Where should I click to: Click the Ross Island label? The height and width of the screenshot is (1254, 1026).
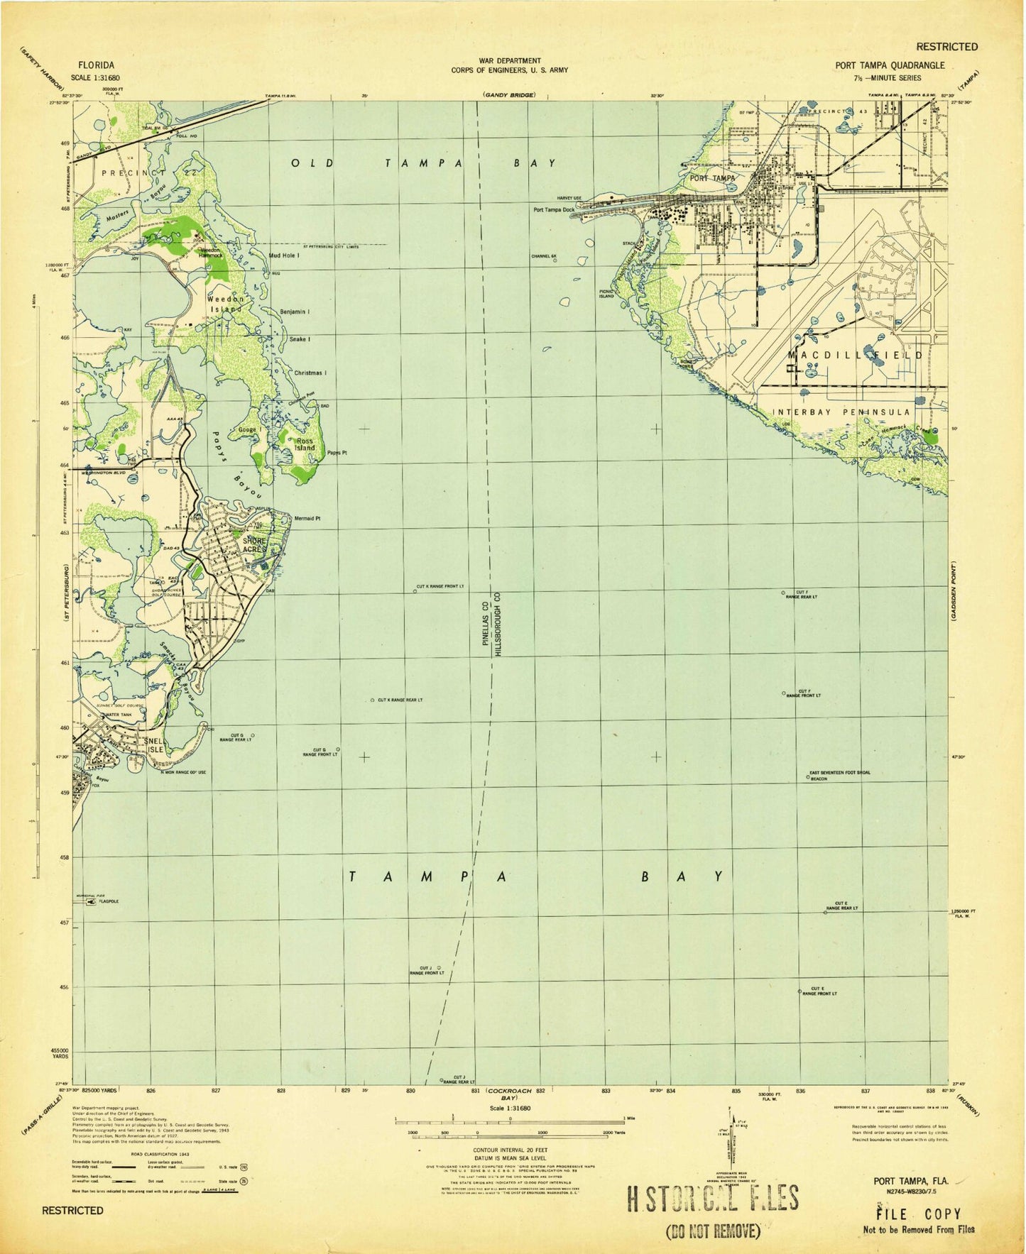click(x=305, y=444)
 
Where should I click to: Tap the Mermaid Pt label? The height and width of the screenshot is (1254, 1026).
click(x=307, y=519)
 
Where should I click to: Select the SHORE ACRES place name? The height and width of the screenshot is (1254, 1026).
click(x=254, y=545)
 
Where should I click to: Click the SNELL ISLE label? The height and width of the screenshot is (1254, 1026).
click(x=154, y=745)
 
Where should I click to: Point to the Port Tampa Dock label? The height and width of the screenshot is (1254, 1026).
click(x=554, y=209)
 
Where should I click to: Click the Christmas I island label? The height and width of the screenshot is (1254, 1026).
click(x=310, y=373)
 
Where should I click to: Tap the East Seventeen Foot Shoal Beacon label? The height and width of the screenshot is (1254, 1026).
click(x=839, y=775)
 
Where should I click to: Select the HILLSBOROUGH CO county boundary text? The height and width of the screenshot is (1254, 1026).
click(x=498, y=625)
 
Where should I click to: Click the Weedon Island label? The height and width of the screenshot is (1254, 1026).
click(x=225, y=304)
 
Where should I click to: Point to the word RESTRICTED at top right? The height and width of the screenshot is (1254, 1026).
click(x=946, y=47)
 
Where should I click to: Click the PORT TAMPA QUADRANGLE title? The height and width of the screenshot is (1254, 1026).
click(x=890, y=65)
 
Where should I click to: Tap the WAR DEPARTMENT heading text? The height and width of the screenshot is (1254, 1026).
click(x=509, y=61)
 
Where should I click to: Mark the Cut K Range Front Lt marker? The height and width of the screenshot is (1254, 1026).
click(x=415, y=590)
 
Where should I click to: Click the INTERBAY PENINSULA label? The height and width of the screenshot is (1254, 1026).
click(x=841, y=412)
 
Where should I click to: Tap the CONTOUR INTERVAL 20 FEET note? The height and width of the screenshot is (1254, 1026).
click(x=509, y=1148)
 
